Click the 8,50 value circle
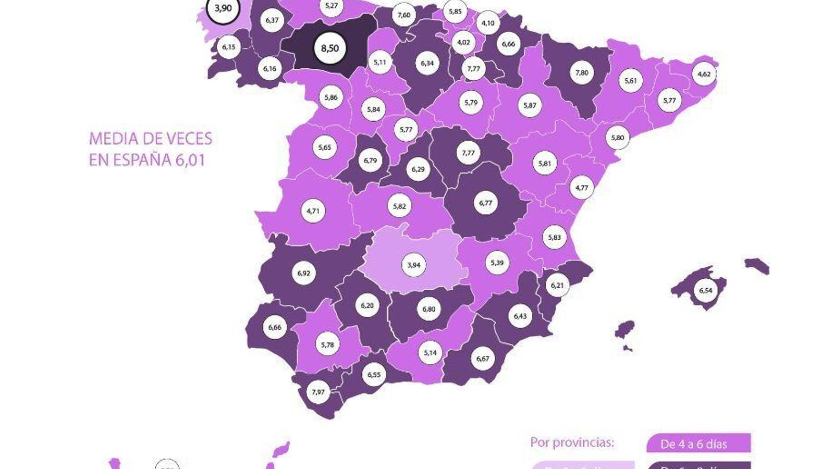click(329, 48)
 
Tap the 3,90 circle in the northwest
click(223, 8)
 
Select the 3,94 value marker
click(413, 265)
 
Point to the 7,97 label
click(318, 392)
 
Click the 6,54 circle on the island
click(705, 290)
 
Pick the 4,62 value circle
click(704, 74)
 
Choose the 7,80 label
click(582, 73)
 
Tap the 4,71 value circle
click(313, 211)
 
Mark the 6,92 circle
click(303, 273)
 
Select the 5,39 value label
click(497, 263)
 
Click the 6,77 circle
click(485, 203)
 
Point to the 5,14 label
click(430, 353)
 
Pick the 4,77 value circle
click(582, 188)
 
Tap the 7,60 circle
click(404, 15)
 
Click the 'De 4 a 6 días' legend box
click(698, 444)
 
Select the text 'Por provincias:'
click(572, 442)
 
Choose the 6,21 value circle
click(557, 285)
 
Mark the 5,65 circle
click(324, 147)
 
